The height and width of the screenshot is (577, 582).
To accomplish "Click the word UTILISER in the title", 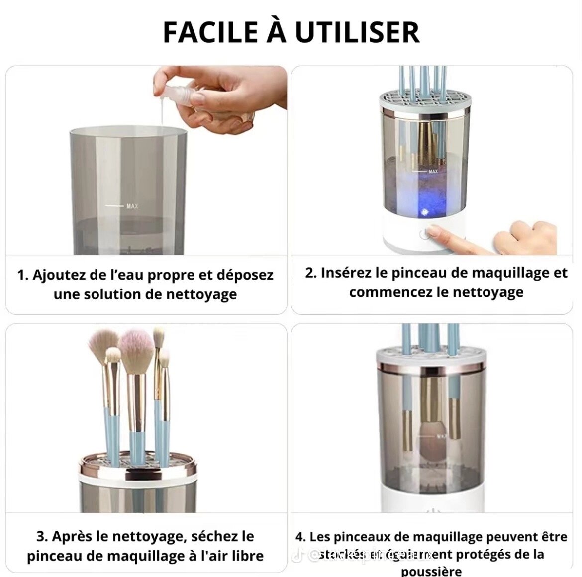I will click(x=357, y=32).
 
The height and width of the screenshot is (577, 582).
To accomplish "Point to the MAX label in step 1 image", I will click(x=132, y=206).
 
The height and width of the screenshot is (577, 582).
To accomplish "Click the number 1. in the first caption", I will click(x=23, y=275).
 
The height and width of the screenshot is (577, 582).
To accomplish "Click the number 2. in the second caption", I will click(x=311, y=273).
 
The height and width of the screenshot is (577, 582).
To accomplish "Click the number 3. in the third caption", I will click(x=42, y=536).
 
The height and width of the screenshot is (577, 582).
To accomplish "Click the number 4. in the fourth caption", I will click(x=300, y=537).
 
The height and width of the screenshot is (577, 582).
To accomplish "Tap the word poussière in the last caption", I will click(x=431, y=571).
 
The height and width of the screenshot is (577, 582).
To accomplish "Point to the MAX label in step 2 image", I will click(x=433, y=172).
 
